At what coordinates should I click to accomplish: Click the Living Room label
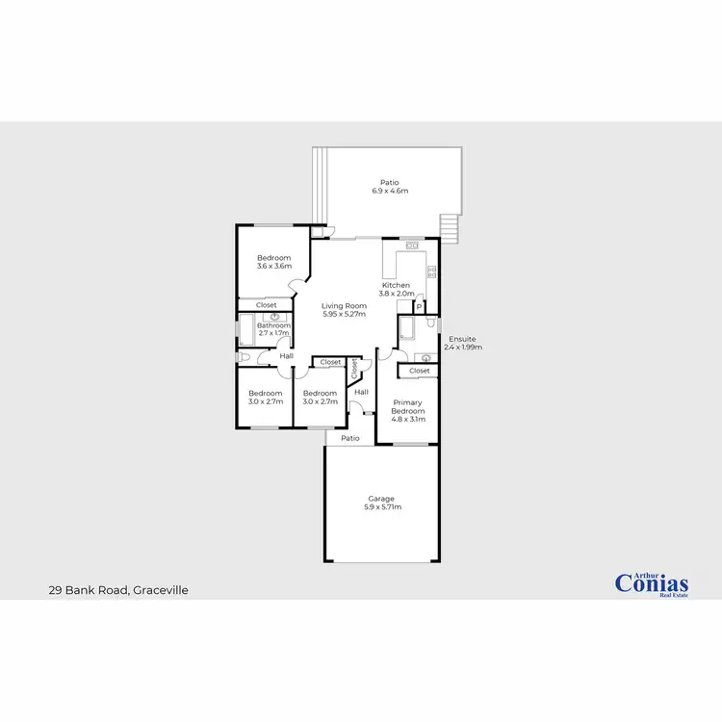344,305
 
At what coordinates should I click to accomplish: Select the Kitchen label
397,285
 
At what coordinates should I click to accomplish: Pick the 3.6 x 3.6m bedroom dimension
273,266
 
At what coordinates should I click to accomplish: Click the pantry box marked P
420,307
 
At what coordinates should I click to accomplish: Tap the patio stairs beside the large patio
450,227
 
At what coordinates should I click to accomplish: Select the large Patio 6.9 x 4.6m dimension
390,191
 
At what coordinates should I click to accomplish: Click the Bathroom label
273,325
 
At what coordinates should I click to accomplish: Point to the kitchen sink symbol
411,246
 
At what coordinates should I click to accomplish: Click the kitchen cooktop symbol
431,271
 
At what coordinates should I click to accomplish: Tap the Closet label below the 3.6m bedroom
267,305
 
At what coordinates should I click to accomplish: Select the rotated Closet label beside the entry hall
354,368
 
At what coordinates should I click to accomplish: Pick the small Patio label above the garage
350,438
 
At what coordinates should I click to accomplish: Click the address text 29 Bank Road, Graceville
117,589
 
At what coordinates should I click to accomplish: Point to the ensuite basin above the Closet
425,358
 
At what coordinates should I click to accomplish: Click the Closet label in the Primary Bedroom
420,371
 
